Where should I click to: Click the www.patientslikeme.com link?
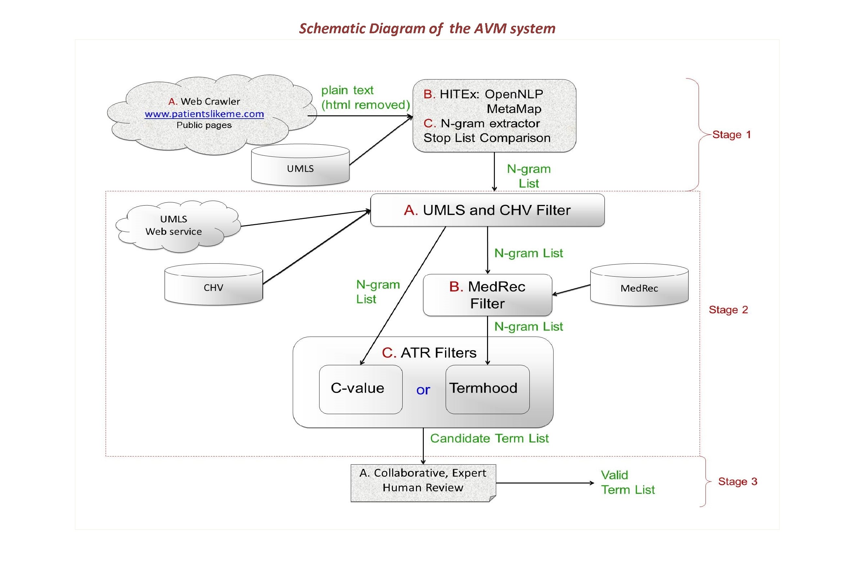tap(204, 114)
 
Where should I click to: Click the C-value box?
tap(360, 389)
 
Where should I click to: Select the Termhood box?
tap(487, 389)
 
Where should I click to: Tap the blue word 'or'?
tap(423, 390)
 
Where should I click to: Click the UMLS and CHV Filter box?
tap(487, 210)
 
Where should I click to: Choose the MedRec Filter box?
tap(487, 295)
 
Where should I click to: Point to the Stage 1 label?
tap(732, 135)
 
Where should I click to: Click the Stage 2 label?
tap(728, 310)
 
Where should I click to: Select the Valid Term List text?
tap(628, 482)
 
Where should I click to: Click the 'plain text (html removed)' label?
tap(365, 97)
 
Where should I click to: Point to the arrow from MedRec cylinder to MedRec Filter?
tap(571, 290)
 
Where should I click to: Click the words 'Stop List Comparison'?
tap(487, 138)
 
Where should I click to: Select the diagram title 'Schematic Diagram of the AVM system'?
tap(427, 28)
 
